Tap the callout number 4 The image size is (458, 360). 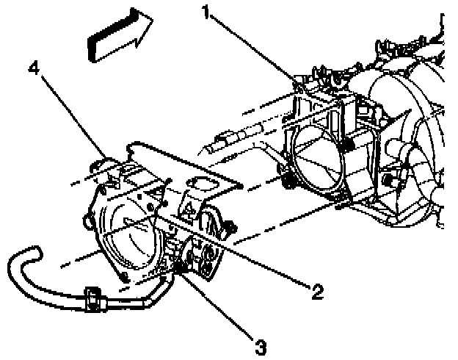tap(33, 70)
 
